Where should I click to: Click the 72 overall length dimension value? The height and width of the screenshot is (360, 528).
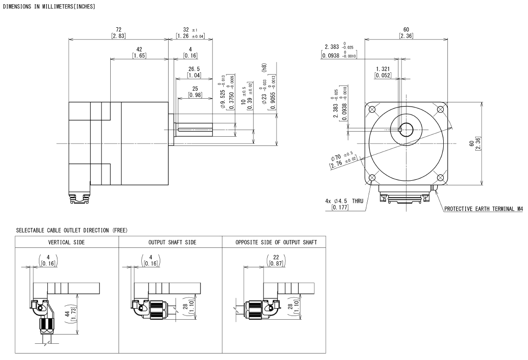pyautogui.click(x=119, y=30)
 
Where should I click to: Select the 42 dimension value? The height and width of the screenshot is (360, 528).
pyautogui.click(x=139, y=49)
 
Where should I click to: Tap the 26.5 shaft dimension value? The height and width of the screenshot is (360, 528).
pyautogui.click(x=194, y=69)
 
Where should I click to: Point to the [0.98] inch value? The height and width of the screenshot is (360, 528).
pyautogui.click(x=195, y=95)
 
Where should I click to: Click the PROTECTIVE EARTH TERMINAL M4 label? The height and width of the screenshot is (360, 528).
pyautogui.click(x=483, y=209)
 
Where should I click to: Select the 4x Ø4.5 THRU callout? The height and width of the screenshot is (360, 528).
pyautogui.click(x=344, y=201)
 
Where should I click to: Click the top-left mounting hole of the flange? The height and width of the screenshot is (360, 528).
pyautogui.click(x=372, y=109)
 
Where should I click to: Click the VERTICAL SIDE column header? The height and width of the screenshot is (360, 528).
pyautogui.click(x=66, y=242)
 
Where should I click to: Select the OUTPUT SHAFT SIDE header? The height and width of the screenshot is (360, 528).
pyautogui.click(x=172, y=242)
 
